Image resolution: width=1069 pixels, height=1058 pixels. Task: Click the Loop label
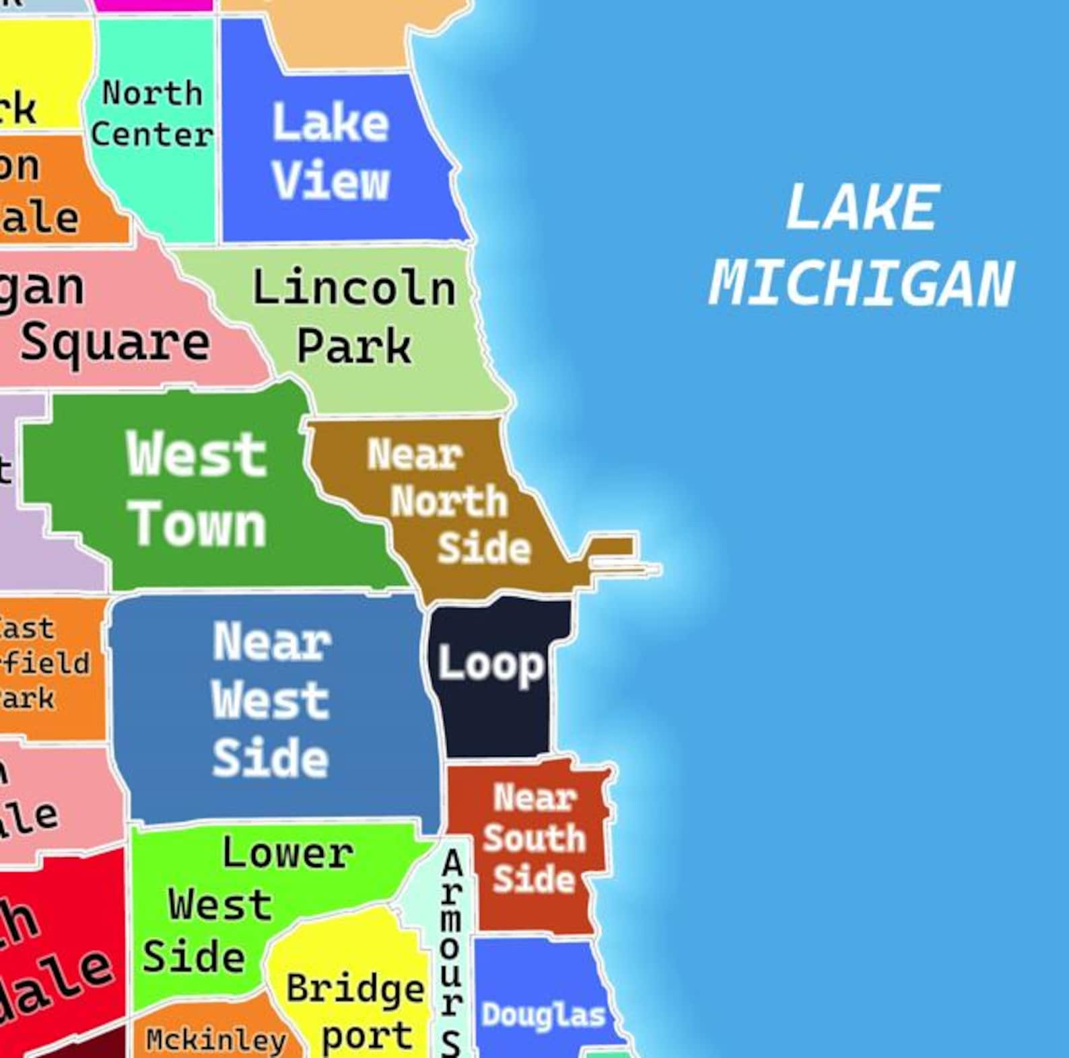pos(491,665)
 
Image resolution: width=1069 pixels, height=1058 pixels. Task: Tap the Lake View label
pos(331,152)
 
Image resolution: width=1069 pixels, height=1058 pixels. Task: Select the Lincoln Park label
pos(354,316)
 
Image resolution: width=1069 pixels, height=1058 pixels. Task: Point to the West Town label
pos(197,489)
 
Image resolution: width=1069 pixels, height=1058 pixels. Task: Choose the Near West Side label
pos(271,700)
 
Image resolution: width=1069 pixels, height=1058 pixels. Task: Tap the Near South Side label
pos(534,839)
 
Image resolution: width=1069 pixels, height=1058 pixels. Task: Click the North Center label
pos(152,114)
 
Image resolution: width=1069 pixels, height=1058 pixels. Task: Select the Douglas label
pos(543,1015)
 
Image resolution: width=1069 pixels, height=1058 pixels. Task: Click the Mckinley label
pos(216,1040)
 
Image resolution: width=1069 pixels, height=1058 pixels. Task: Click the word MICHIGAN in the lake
pos(862,284)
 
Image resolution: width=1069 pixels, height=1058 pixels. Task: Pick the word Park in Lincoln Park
pos(354,347)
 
